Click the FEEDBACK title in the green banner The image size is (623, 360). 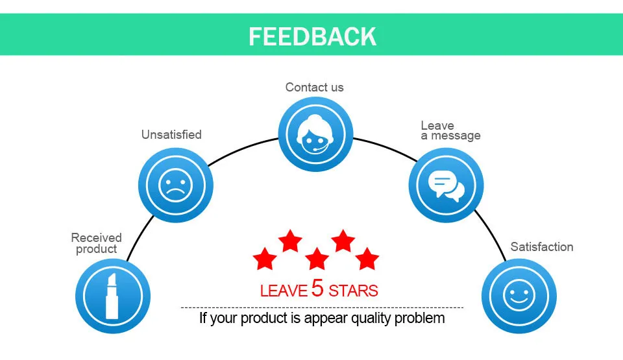312,36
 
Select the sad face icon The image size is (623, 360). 175,185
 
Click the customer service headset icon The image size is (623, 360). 315,134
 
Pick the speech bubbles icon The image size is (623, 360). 446,185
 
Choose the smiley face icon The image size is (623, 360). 519,296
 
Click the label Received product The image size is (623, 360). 96,243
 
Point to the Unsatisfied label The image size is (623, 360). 171,135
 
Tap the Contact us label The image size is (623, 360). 315,87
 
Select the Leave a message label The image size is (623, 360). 450,130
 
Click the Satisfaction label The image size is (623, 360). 542,246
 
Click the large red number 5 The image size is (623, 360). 317,288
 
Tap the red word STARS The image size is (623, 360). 353,290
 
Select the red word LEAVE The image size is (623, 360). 284,291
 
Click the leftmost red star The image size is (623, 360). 264,258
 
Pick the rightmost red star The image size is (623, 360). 367,258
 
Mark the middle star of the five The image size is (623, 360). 317,258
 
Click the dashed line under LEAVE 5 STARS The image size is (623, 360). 322,307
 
